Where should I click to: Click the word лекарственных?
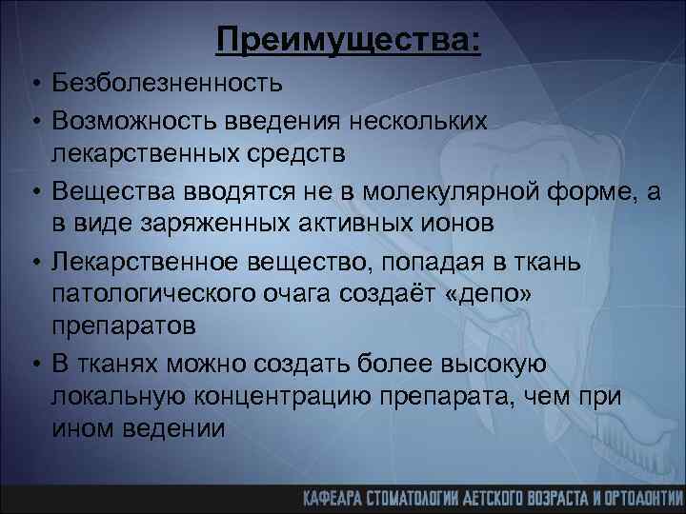click(x=139, y=152)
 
